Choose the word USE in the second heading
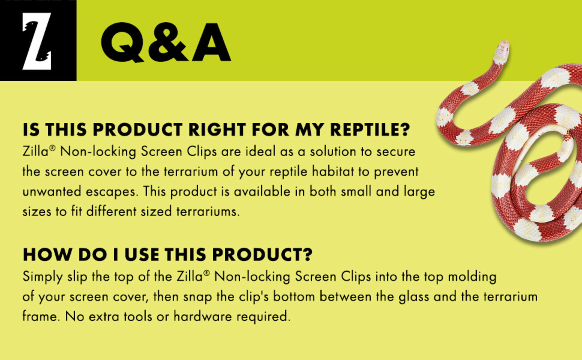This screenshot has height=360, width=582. click(142, 255)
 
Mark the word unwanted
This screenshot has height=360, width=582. click(52, 191)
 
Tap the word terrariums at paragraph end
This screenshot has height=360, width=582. click(208, 211)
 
